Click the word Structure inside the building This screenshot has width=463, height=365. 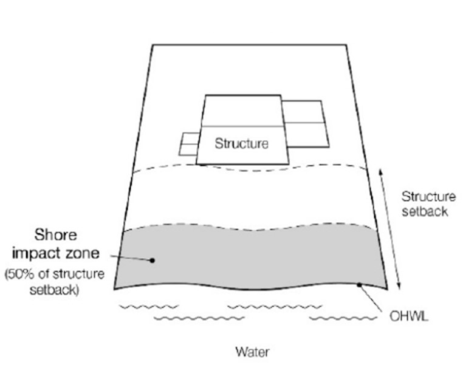point(241,145)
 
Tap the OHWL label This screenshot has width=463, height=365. point(405,316)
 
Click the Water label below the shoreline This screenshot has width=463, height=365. point(253,352)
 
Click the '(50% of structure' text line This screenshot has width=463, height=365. point(55,275)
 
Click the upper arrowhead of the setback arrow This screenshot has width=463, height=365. point(381,172)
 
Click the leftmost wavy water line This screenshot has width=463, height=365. point(141,307)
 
